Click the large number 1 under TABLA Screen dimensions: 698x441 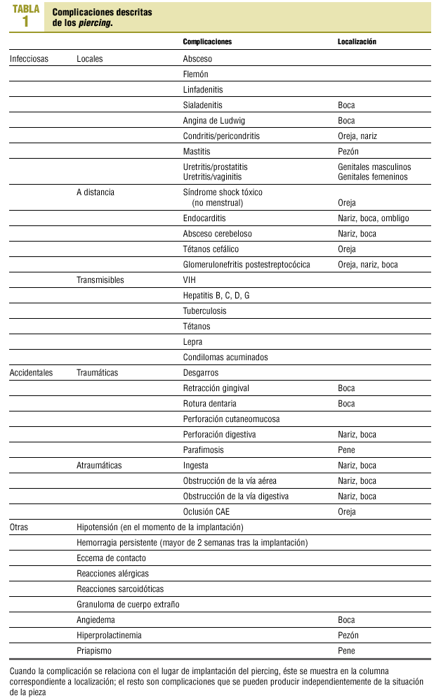pyautogui.click(x=26, y=21)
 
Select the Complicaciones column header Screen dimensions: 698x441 pyautogui.click(x=207, y=42)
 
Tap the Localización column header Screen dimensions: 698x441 pyautogui.click(x=357, y=42)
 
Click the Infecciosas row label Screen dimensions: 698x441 pyautogui.click(x=29, y=59)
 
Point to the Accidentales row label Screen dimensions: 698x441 pyautogui.click(x=32, y=373)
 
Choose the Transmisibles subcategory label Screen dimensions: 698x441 pyautogui.click(x=100, y=280)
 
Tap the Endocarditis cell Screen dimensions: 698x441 pyautogui.click(x=204, y=218)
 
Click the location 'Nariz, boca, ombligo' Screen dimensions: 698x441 pyautogui.click(x=373, y=218)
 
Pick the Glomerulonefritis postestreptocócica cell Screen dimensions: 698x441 pyautogui.click(x=246, y=265)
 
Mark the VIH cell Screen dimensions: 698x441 pyautogui.click(x=190, y=280)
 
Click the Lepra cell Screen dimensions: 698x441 pyautogui.click(x=192, y=342)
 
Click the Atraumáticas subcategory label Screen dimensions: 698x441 pyautogui.click(x=99, y=466)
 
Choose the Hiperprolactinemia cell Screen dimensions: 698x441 pyautogui.click(x=109, y=636)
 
